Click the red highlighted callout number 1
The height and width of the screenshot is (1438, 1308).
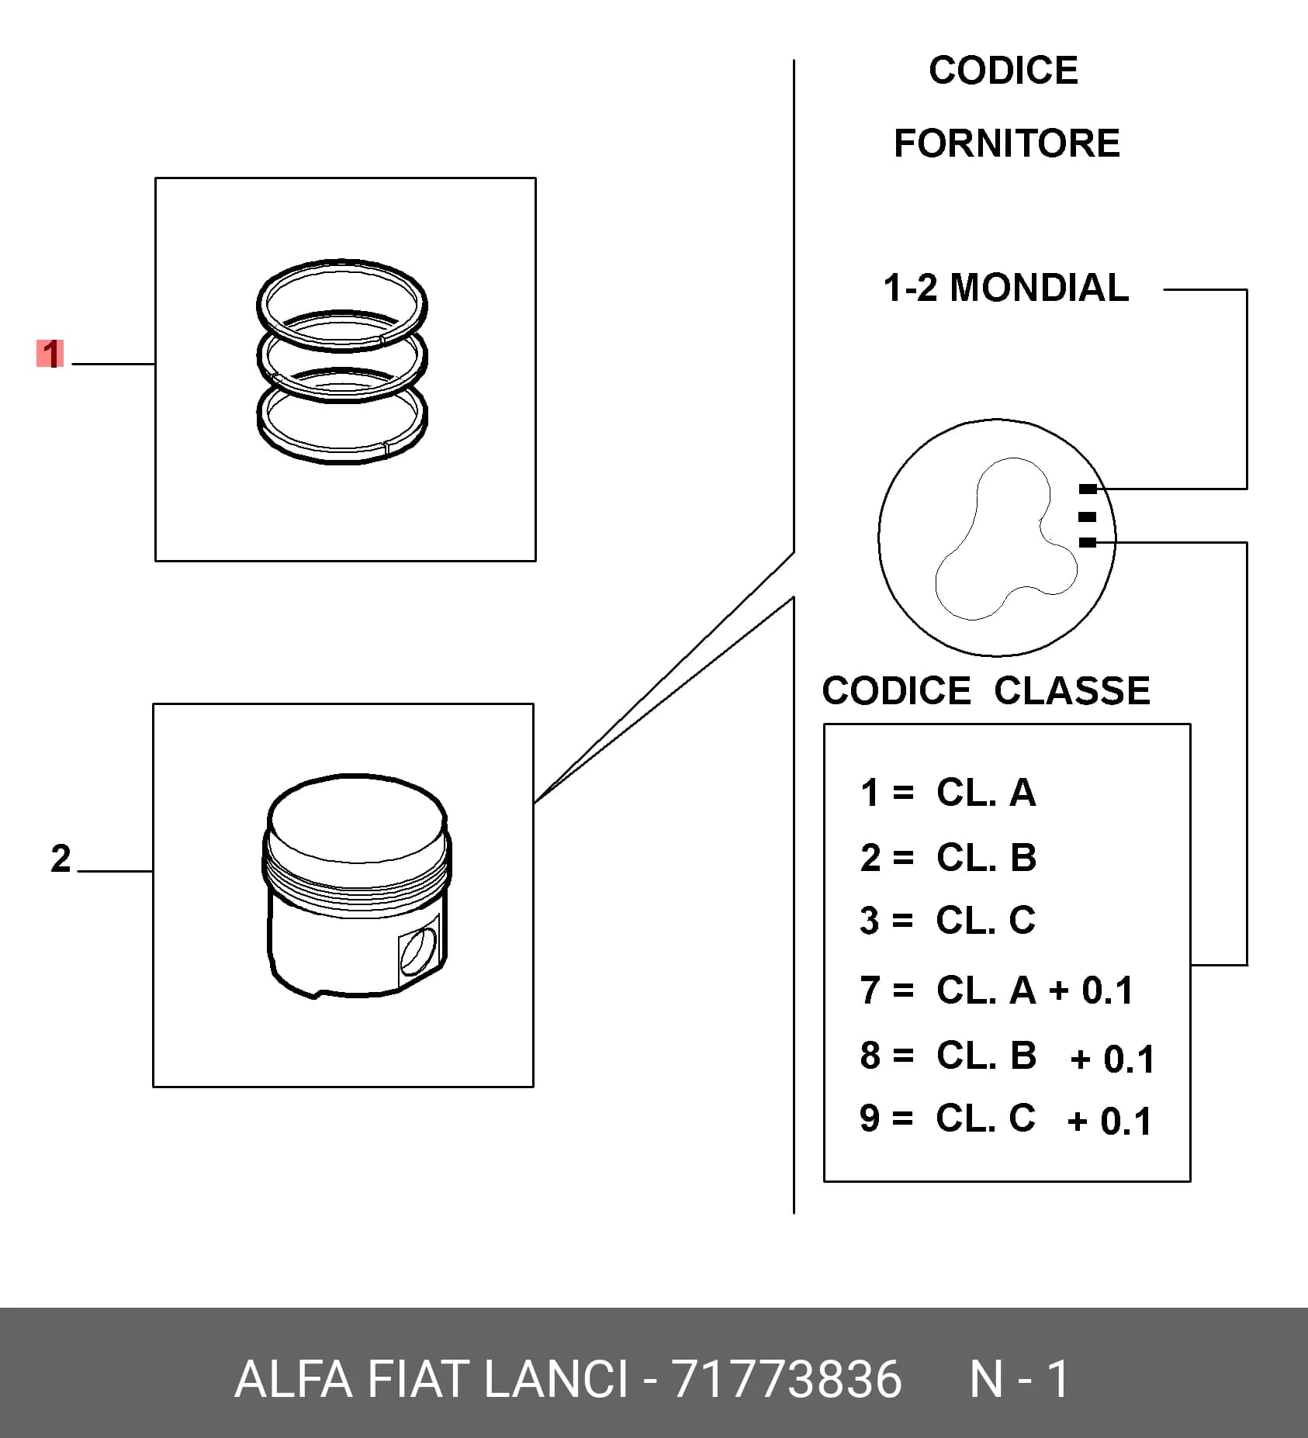click(50, 354)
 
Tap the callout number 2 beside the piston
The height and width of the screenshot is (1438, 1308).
click(61, 859)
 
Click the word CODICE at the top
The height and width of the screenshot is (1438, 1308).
click(1003, 71)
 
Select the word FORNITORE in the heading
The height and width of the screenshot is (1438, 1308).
click(1007, 143)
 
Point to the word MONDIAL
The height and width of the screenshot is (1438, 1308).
click(1040, 288)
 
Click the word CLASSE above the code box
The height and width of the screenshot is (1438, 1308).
click(1072, 690)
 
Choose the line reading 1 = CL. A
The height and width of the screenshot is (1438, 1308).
click(948, 793)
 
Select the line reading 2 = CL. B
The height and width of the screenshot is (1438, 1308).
click(948, 858)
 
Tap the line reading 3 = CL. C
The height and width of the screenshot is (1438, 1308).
click(948, 921)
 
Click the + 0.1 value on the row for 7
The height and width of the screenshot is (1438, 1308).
click(1091, 990)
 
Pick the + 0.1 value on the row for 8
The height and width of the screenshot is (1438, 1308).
click(1112, 1059)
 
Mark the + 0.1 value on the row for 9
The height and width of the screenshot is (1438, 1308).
click(1109, 1122)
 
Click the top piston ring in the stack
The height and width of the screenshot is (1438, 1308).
click(341, 266)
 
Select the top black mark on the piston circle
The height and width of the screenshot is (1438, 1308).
click(1088, 489)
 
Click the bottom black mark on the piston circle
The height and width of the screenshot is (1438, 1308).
click(1088, 542)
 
